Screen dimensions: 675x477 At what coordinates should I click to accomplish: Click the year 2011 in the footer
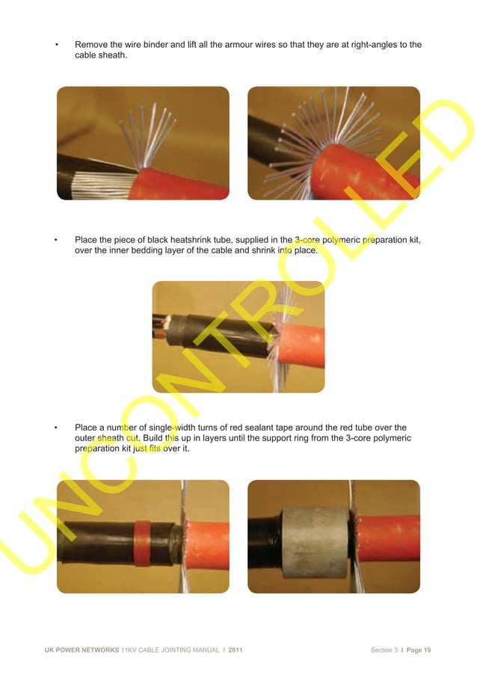tap(233, 650)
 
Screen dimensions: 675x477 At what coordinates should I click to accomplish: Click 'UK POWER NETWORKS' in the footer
tap(81, 650)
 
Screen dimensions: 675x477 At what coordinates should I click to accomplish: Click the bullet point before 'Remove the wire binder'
tap(58, 45)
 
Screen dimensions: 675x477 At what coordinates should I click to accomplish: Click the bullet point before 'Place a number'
tap(58, 428)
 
